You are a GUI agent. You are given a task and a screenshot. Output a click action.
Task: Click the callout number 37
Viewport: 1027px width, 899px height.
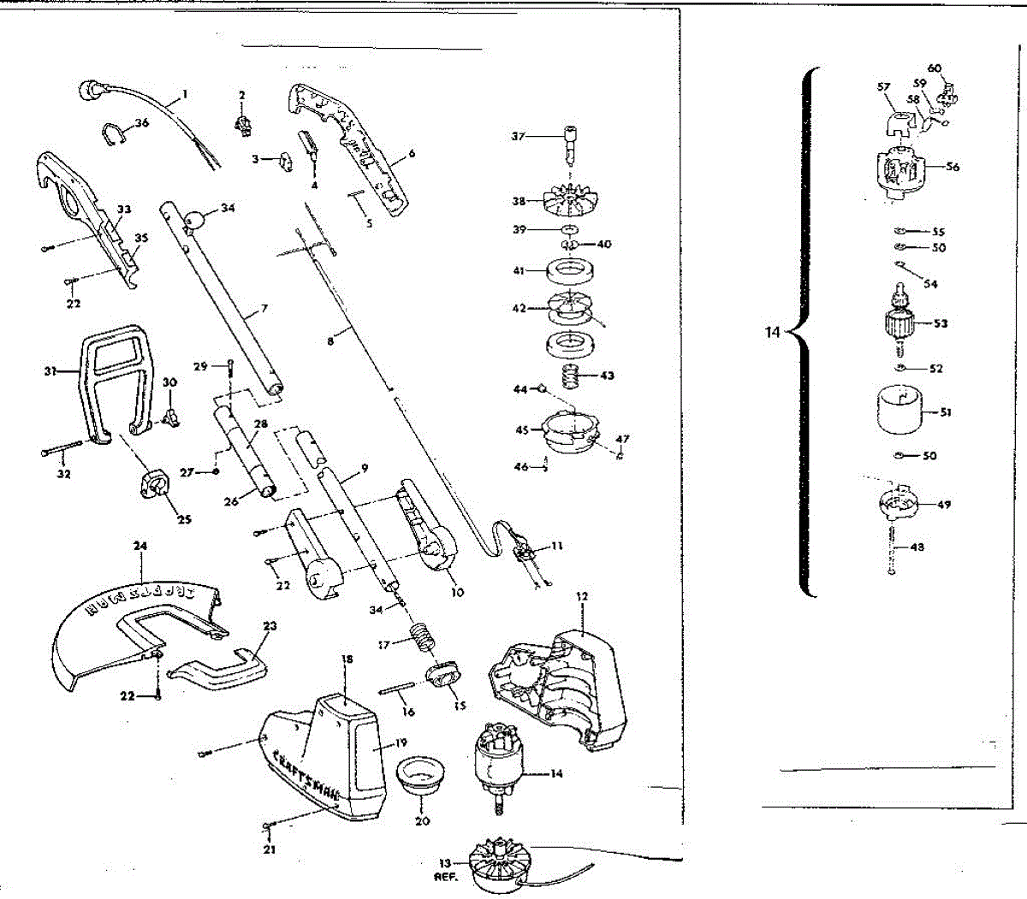click(518, 137)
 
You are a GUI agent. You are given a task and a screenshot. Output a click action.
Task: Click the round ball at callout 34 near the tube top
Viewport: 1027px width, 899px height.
click(197, 218)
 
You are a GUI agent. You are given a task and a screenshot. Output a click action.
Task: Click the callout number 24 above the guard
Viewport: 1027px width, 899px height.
click(140, 545)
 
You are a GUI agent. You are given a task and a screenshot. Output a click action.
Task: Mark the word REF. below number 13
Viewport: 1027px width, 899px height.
click(446, 878)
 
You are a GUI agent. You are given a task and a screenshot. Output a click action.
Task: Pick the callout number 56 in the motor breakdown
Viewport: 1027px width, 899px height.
click(953, 167)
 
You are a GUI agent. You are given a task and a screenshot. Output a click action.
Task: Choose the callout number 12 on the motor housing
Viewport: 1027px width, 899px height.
click(582, 595)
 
